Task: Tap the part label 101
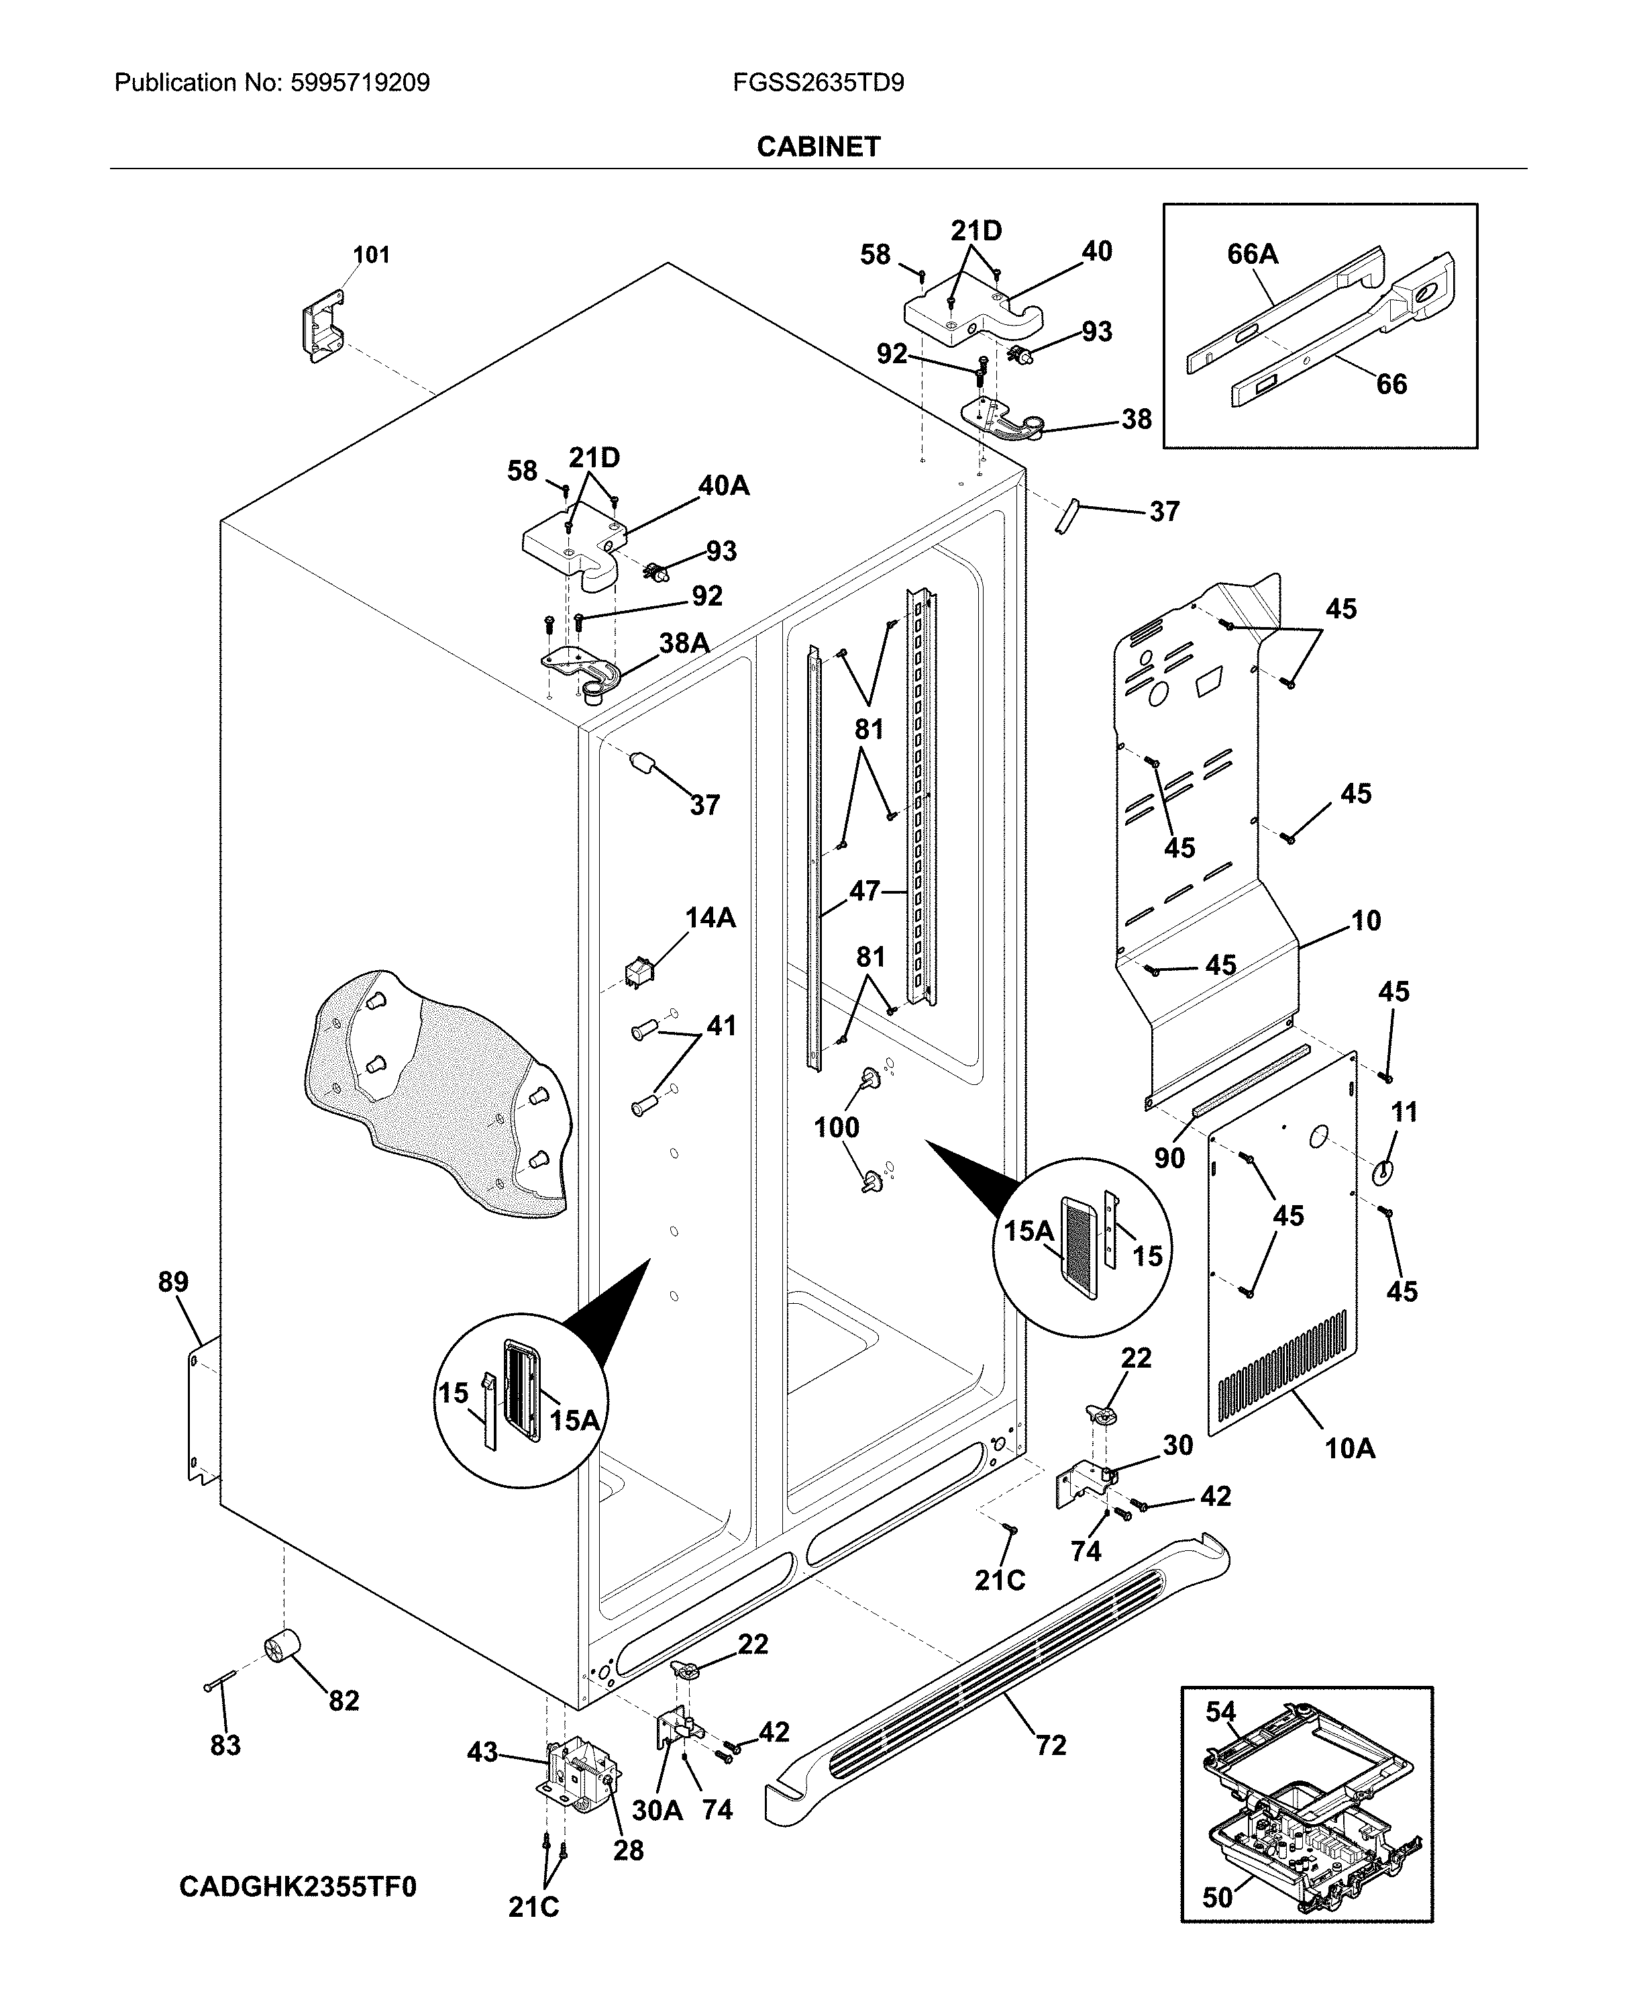tap(371, 254)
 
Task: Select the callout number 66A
tap(1253, 254)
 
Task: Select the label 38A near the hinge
tap(683, 643)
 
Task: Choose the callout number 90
tap(1169, 1158)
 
